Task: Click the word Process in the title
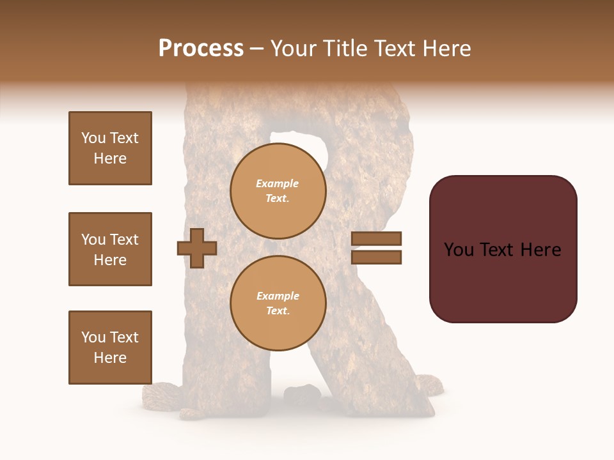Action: coord(201,49)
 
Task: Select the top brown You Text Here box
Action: coord(110,148)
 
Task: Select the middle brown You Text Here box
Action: coord(110,249)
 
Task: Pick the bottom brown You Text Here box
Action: coord(110,348)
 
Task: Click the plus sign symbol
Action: coord(197,249)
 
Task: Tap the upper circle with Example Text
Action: coord(278,191)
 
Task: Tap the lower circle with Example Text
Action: coord(278,303)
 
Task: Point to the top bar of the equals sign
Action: coord(376,239)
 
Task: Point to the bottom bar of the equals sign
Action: coord(376,257)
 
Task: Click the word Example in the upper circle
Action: coord(278,184)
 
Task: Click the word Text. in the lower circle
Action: coord(278,311)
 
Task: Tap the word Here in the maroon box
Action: coord(540,250)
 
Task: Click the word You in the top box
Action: coord(93,138)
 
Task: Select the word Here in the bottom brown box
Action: coord(110,358)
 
